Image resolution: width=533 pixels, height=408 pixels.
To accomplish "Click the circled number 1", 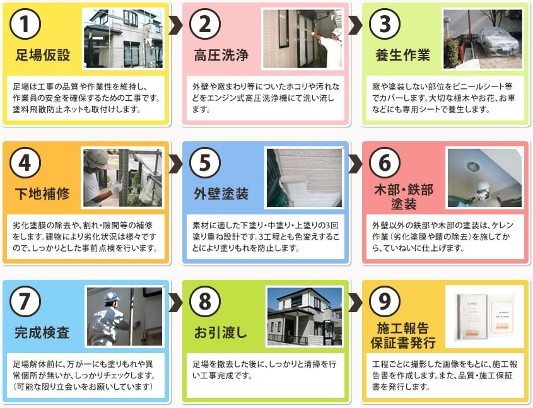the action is click(25, 24).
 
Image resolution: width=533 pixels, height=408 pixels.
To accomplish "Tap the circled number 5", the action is click(205, 163).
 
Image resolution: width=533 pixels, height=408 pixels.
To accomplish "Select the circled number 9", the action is click(385, 301).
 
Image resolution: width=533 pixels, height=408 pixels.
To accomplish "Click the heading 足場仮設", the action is click(43, 55).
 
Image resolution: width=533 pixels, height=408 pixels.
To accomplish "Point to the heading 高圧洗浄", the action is click(221, 55).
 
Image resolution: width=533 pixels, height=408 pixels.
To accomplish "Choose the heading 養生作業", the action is click(403, 55).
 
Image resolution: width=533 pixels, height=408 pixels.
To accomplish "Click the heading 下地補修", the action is click(42, 194).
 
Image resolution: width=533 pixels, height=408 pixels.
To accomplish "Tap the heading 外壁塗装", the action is click(221, 194).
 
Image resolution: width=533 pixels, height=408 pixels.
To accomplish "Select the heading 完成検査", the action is click(42, 332).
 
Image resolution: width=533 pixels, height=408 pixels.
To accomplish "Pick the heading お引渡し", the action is click(221, 332).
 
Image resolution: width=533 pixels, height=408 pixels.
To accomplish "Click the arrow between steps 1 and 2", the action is click(176, 25).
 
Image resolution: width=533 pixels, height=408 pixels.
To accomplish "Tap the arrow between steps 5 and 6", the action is click(356, 163).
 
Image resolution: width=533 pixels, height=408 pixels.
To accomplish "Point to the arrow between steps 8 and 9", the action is click(356, 302).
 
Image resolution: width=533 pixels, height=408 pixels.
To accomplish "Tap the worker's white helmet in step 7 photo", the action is click(112, 296).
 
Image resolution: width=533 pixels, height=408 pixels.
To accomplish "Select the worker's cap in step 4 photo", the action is click(97, 158).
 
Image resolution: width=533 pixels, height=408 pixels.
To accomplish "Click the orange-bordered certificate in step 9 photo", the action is click(501, 317).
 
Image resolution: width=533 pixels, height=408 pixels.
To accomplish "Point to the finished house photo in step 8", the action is click(305, 317).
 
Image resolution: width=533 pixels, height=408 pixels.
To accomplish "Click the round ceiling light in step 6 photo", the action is click(473, 166).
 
